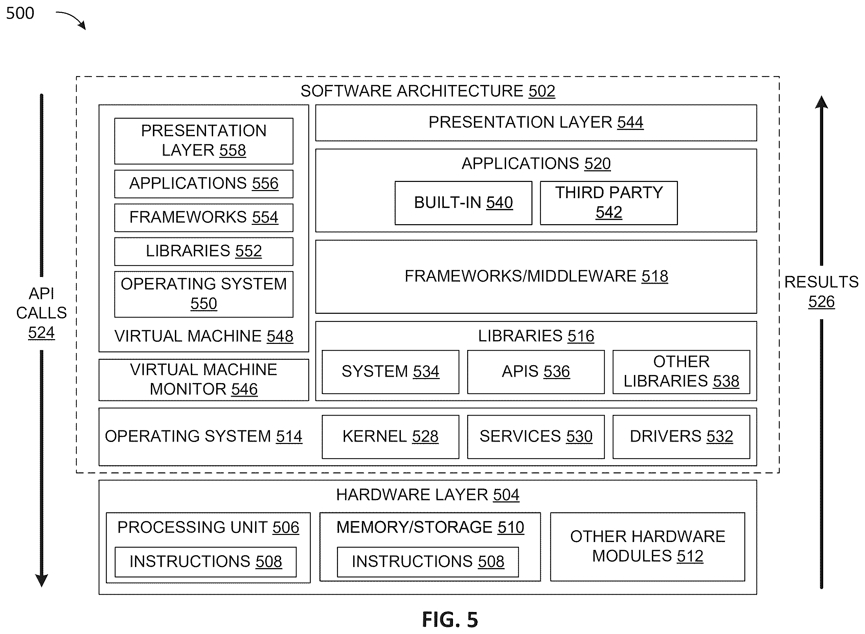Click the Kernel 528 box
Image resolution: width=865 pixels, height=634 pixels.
coord(390,437)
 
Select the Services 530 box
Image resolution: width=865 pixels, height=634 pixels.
coord(536,437)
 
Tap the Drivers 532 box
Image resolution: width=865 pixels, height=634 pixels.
coord(682,437)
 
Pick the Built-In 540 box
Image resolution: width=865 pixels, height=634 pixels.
coord(463,203)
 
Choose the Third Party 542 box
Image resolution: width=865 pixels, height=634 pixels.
coord(609,203)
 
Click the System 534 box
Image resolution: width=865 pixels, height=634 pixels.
coord(390,372)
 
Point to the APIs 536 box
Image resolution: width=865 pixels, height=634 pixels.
coord(536,372)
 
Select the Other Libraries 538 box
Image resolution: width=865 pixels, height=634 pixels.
coord(682,372)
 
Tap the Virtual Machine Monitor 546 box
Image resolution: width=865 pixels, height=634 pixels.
coord(204,380)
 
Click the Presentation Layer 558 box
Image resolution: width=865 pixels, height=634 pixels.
coord(204,141)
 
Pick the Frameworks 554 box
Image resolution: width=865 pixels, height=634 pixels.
coord(204,218)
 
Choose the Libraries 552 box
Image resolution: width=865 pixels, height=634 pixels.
coord(204,251)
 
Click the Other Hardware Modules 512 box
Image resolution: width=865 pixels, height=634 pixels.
coord(648,547)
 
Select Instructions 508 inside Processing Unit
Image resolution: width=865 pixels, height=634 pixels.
coord(206,562)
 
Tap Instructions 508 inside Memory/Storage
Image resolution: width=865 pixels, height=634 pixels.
coord(428,562)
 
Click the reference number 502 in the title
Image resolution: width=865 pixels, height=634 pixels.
coord(542,91)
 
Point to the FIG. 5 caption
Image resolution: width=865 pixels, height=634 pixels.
coord(450,619)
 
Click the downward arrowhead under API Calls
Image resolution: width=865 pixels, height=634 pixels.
coord(42,580)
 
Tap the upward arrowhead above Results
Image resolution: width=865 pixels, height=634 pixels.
coord(821,102)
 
